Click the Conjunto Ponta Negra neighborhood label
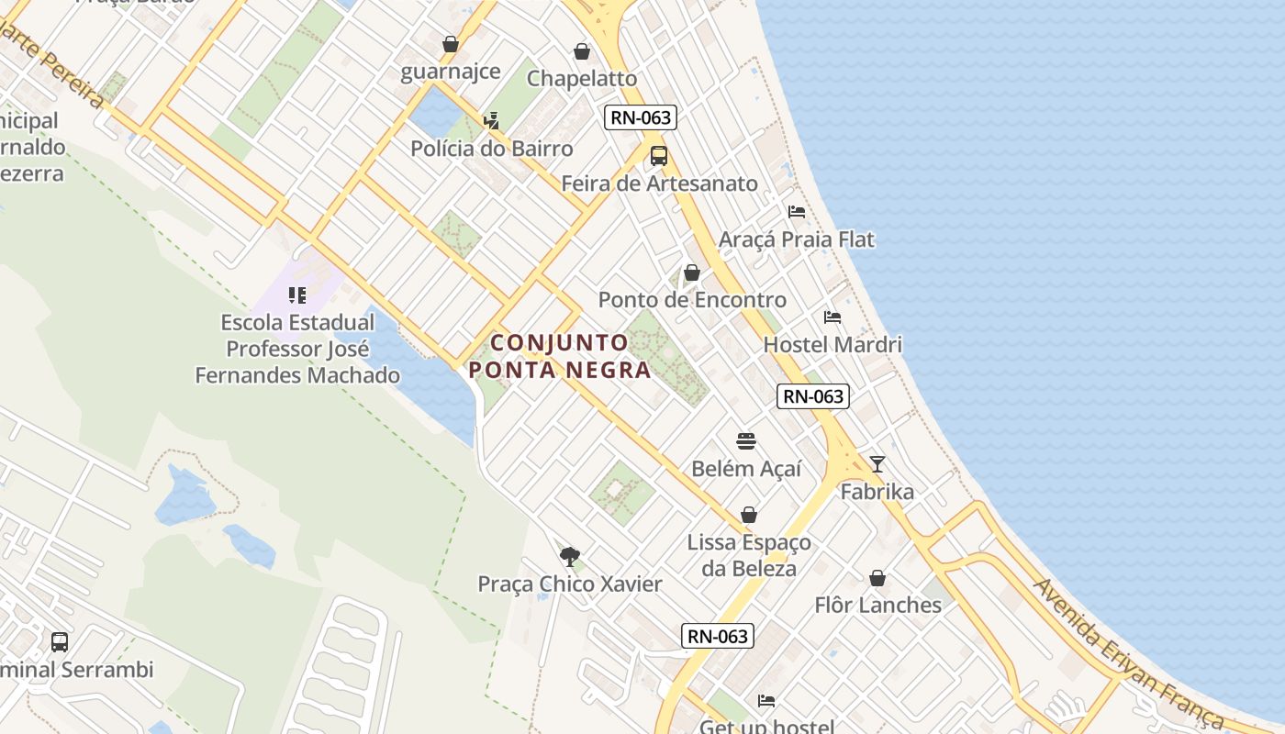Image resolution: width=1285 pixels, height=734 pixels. point(560,356)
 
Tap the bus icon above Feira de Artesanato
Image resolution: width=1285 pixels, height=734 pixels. point(658,156)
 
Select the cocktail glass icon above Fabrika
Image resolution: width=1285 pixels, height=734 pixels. point(877,464)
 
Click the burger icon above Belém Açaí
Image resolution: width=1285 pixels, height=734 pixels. point(745,441)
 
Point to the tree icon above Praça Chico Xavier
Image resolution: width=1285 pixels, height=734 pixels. point(570,556)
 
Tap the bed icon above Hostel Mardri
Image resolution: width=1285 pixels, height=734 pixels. point(832,317)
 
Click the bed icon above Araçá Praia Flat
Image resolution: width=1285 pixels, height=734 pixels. point(797,212)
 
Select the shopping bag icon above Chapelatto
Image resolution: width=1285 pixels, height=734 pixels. point(581,51)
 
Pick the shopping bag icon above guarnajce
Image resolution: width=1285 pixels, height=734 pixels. point(451,44)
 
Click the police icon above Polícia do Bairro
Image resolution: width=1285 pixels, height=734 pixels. point(491,120)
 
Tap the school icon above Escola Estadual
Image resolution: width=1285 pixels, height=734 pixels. point(296,295)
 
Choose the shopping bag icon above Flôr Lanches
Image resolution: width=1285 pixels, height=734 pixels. point(877,578)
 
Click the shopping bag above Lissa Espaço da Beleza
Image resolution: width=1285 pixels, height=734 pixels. point(749,515)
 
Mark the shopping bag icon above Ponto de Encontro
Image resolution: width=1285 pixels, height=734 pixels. point(692,272)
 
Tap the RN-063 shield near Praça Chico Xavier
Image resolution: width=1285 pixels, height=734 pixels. point(718,636)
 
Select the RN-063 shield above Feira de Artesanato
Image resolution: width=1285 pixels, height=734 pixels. point(641,117)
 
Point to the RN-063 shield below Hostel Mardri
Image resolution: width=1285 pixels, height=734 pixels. point(812,396)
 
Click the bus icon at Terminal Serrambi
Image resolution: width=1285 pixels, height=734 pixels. point(60,641)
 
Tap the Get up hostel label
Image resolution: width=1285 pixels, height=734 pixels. point(767,726)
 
